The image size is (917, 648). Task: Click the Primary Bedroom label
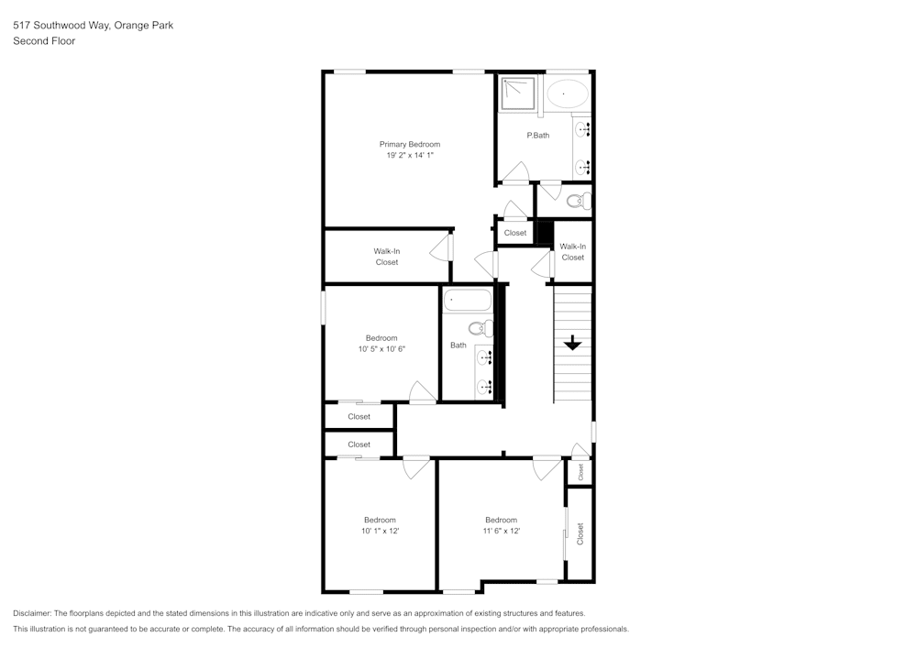pyautogui.click(x=410, y=144)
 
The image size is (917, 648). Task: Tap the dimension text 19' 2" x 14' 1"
pyautogui.click(x=410, y=156)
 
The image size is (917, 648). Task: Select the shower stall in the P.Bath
pyautogui.click(x=519, y=93)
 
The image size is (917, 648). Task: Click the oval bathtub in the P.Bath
pyautogui.click(x=568, y=93)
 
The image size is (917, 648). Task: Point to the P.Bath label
pyautogui.click(x=537, y=136)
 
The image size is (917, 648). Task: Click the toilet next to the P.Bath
pyautogui.click(x=577, y=201)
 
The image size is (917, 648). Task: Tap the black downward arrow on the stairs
pyautogui.click(x=572, y=343)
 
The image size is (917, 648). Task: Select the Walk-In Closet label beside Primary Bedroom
pyautogui.click(x=386, y=257)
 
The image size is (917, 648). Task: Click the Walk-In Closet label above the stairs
pyautogui.click(x=572, y=251)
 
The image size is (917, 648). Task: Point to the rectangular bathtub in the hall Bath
pyautogui.click(x=469, y=301)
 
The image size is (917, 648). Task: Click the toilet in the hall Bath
pyautogui.click(x=478, y=328)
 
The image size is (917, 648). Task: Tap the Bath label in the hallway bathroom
pyautogui.click(x=458, y=346)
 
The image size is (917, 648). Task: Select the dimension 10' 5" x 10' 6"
pyautogui.click(x=381, y=348)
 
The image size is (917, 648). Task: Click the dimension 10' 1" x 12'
pyautogui.click(x=380, y=531)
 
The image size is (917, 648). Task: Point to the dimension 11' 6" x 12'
pyautogui.click(x=501, y=531)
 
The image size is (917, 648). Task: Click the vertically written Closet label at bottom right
pyautogui.click(x=580, y=534)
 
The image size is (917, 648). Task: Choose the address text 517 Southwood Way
pyautogui.click(x=61, y=26)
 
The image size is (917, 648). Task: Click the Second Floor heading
pyautogui.click(x=44, y=41)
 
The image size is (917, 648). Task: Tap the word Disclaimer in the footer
pyautogui.click(x=33, y=613)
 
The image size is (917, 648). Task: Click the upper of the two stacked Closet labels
pyautogui.click(x=359, y=416)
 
